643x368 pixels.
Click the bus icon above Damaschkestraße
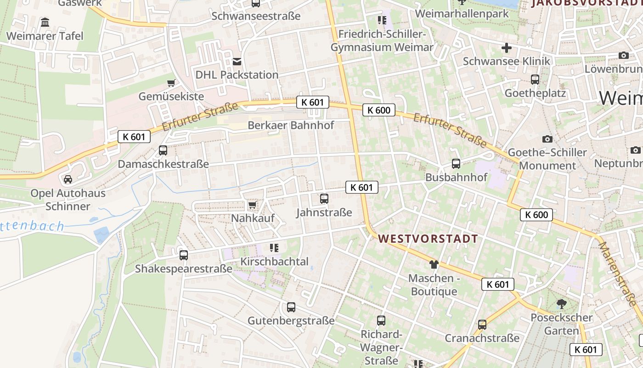click(x=163, y=150)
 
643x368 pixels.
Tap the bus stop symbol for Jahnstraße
click(x=324, y=199)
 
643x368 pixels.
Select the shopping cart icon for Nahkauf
click(x=252, y=205)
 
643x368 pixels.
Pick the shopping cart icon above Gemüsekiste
click(x=171, y=83)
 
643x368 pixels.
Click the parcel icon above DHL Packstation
click(x=237, y=61)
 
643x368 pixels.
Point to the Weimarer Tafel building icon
click(x=45, y=23)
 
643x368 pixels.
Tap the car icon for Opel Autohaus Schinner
click(x=68, y=179)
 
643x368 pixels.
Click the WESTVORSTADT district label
click(x=428, y=239)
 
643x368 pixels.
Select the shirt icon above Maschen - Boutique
click(x=434, y=264)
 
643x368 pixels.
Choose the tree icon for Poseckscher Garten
click(x=561, y=304)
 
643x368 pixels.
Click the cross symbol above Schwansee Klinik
click(x=507, y=47)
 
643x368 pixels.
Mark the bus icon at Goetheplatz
click(x=535, y=80)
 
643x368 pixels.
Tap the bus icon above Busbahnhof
click(x=456, y=163)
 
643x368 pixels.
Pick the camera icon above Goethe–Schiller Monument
click(x=547, y=139)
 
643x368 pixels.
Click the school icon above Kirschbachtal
click(x=274, y=248)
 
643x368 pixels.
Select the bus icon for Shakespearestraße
click(x=184, y=255)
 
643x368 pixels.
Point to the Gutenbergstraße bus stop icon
click(x=291, y=307)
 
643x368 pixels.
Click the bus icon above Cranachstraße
click(x=482, y=324)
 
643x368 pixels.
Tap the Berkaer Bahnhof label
click(x=291, y=125)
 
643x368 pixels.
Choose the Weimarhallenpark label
click(x=462, y=14)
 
